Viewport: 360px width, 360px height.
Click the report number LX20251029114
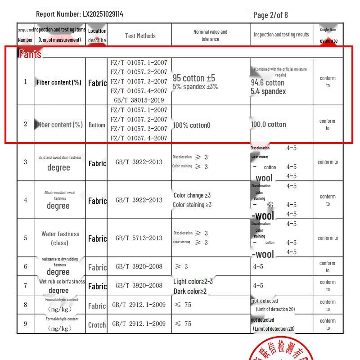pyautogui.click(x=103, y=14)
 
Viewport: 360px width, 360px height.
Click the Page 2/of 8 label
pyautogui.click(x=270, y=15)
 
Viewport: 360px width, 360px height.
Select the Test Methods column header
pyautogui.click(x=140, y=36)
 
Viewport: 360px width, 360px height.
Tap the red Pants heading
pyautogui.click(x=30, y=54)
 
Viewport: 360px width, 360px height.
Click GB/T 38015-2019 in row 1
pyautogui.click(x=139, y=100)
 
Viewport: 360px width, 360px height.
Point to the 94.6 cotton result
pyautogui.click(x=268, y=82)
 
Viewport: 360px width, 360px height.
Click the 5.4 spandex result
pyautogui.click(x=268, y=91)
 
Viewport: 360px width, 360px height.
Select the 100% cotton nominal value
pyautogui.click(x=191, y=125)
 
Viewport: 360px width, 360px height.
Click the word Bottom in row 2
pyautogui.click(x=97, y=125)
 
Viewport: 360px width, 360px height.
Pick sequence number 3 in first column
pyautogui.click(x=26, y=162)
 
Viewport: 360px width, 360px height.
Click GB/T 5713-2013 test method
pyautogui.click(x=139, y=238)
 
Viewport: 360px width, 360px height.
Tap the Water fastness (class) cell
pyautogui.click(x=60, y=238)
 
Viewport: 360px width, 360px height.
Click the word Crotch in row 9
pyautogui.click(x=97, y=325)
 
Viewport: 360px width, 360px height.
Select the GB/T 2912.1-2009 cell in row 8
pyautogui.click(x=139, y=305)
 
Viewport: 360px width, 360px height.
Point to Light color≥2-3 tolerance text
pyautogui.click(x=193, y=282)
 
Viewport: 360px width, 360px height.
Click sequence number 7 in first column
pyautogui.click(x=26, y=285)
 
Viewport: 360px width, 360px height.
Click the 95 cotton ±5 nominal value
pyautogui.click(x=194, y=78)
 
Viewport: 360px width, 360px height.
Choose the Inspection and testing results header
pyautogui.click(x=281, y=35)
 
